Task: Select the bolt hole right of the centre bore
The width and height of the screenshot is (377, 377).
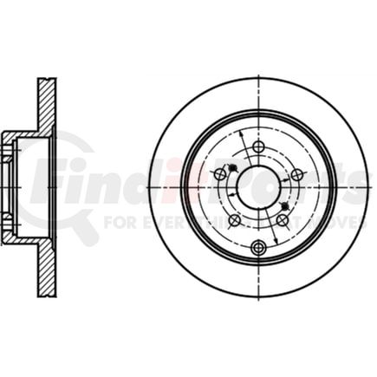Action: point(297,175)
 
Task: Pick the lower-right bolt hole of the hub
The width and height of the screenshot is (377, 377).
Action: point(282,220)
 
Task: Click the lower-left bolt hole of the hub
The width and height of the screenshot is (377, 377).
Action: point(234,220)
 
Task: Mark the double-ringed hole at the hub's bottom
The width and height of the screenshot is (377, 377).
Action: point(258,249)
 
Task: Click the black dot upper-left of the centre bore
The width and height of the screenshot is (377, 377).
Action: point(231,167)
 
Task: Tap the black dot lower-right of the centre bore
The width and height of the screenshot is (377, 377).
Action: point(286,205)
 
